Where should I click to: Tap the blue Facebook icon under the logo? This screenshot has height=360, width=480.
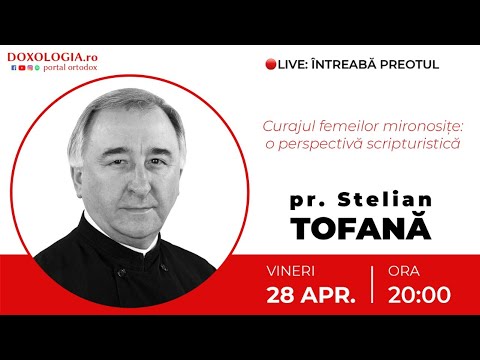click(x=11, y=69)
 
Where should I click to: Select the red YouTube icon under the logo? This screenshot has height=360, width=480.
click(x=19, y=69)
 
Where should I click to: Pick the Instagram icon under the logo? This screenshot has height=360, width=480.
click(x=36, y=69)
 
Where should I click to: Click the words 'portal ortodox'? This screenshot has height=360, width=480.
click(x=68, y=69)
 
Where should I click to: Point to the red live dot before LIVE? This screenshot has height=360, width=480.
click(x=270, y=65)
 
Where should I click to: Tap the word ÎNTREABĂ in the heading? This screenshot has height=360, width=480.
click(x=346, y=65)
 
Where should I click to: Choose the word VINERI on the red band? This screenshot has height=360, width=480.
click(x=294, y=270)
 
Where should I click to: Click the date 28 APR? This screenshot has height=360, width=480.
click(x=311, y=294)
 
